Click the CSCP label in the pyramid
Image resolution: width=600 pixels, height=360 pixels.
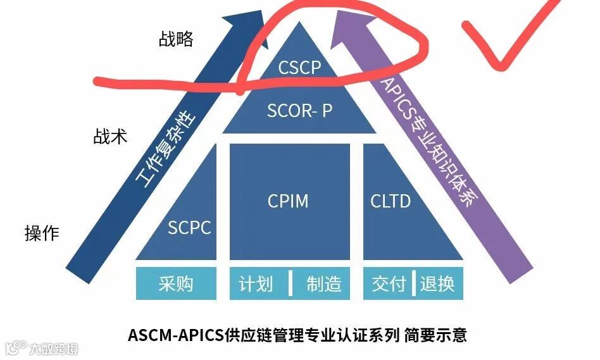coord(300,68)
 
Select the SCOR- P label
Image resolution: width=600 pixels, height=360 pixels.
coord(299,111)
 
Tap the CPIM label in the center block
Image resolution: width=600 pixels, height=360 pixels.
coord(289,201)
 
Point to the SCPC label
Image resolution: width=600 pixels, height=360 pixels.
coord(189,228)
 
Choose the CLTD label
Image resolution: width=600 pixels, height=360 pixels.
coord(391,201)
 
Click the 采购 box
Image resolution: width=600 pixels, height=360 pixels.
coord(175,284)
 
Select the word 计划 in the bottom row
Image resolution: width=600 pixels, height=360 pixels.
coord(256,284)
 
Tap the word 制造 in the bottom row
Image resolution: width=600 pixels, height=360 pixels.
coord(324,284)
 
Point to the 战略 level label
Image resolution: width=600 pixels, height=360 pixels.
coord(175,40)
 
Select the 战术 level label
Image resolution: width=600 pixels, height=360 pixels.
coord(111,136)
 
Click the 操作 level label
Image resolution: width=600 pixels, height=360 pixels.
coord(42,233)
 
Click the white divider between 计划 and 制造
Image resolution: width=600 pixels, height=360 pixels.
coord(291,284)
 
